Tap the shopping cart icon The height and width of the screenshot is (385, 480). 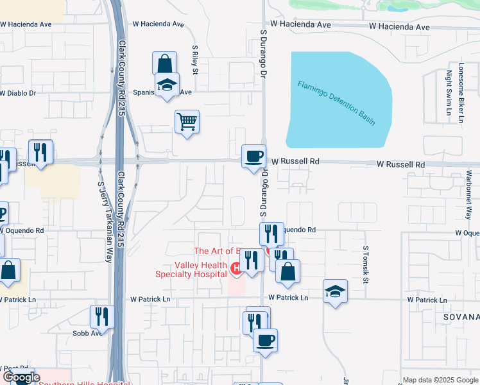tap(187, 121)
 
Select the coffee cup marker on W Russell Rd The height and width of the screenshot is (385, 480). tap(253, 156)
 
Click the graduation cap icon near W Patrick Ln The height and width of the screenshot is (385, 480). tap(335, 291)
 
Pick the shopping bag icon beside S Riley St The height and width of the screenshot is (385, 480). tap(165, 64)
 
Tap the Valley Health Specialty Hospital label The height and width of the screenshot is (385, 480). tap(191, 270)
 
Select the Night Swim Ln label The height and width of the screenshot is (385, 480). tap(449, 92)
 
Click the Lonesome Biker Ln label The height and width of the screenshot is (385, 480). tap(461, 92)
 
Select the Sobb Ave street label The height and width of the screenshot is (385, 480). tap(87, 333)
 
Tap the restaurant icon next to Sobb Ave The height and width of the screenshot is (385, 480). tap(102, 316)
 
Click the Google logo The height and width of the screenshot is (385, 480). tap(21, 378)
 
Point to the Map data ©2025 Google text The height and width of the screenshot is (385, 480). tap(440, 381)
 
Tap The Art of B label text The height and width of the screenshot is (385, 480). tap(217, 251)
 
